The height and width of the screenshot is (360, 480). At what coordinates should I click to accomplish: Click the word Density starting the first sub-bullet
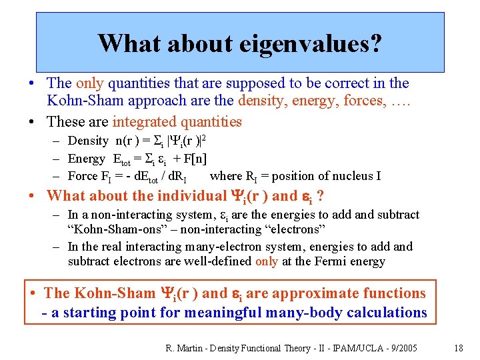click(88, 141)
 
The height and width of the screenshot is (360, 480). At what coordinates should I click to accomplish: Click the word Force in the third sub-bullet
click(83, 176)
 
